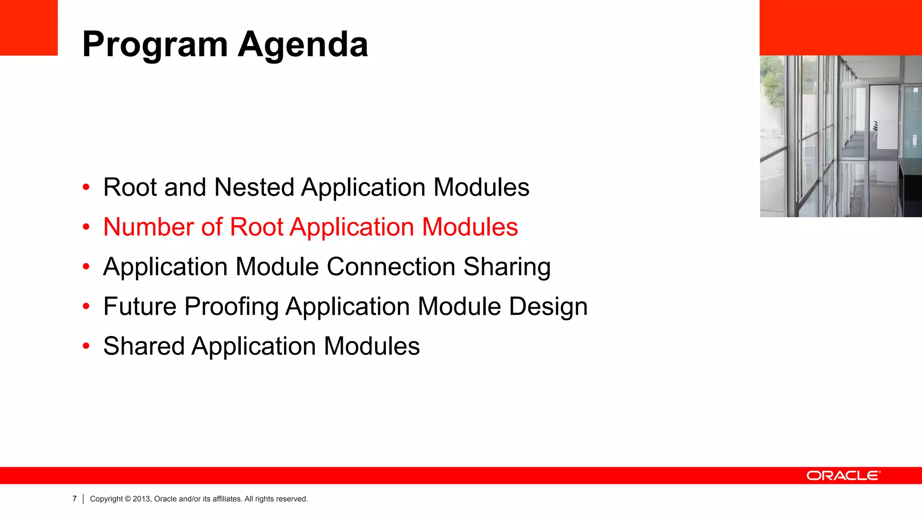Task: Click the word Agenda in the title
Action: [x=303, y=45]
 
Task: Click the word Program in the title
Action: [x=155, y=45]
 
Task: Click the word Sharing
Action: [x=506, y=267]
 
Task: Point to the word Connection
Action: [x=391, y=267]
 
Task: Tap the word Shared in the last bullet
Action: [x=144, y=346]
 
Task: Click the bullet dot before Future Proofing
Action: [x=86, y=307]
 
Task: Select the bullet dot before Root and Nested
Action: [x=86, y=187]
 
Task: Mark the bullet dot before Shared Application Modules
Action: [x=86, y=346]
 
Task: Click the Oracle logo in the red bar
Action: [x=843, y=476]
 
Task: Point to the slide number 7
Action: [x=75, y=499]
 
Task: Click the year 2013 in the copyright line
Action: [x=141, y=499]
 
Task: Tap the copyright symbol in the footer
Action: [x=128, y=499]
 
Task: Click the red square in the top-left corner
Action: [x=29, y=27]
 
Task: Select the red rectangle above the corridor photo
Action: [x=841, y=27]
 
